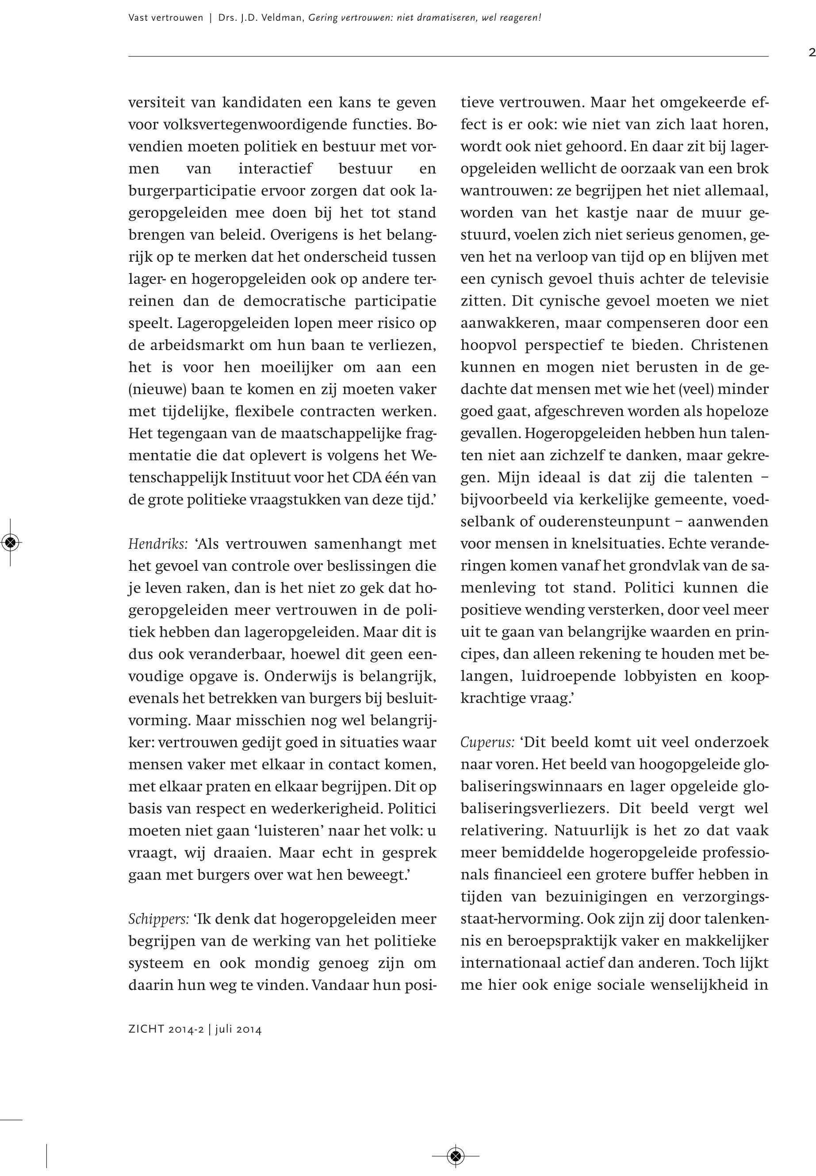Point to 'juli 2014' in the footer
pos(238,1029)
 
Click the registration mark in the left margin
pos(11,542)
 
